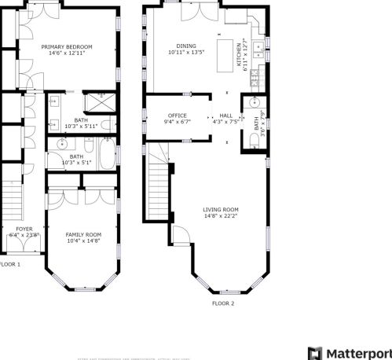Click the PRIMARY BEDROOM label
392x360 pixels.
[67, 47]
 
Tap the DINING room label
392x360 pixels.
[186, 46]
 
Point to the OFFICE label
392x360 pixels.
[178, 115]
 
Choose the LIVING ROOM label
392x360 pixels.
[220, 209]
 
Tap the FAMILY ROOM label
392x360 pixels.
[82, 234]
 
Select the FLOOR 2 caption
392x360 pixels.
[222, 303]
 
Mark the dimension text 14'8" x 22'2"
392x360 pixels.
[220, 216]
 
